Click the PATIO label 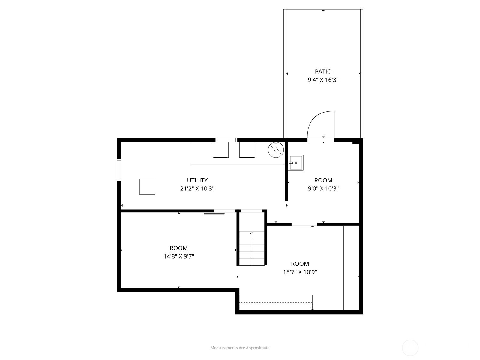[x=323, y=71]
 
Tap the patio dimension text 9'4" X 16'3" [x=323, y=80]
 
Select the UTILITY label [x=197, y=180]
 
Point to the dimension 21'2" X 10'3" [x=197, y=189]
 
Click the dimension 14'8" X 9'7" [x=179, y=256]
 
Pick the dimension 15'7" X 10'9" [x=300, y=272]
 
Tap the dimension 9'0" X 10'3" [x=323, y=189]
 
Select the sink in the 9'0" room [x=295, y=163]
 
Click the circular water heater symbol [x=276, y=150]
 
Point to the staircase [x=252, y=248]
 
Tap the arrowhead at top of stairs [x=252, y=232]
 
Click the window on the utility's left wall [x=119, y=169]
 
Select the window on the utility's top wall [x=226, y=140]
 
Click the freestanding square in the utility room [x=147, y=187]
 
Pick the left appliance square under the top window [x=220, y=150]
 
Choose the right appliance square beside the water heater [x=247, y=150]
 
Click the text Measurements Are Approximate [x=240, y=348]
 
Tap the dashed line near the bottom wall [x=276, y=302]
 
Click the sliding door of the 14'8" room [x=214, y=214]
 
